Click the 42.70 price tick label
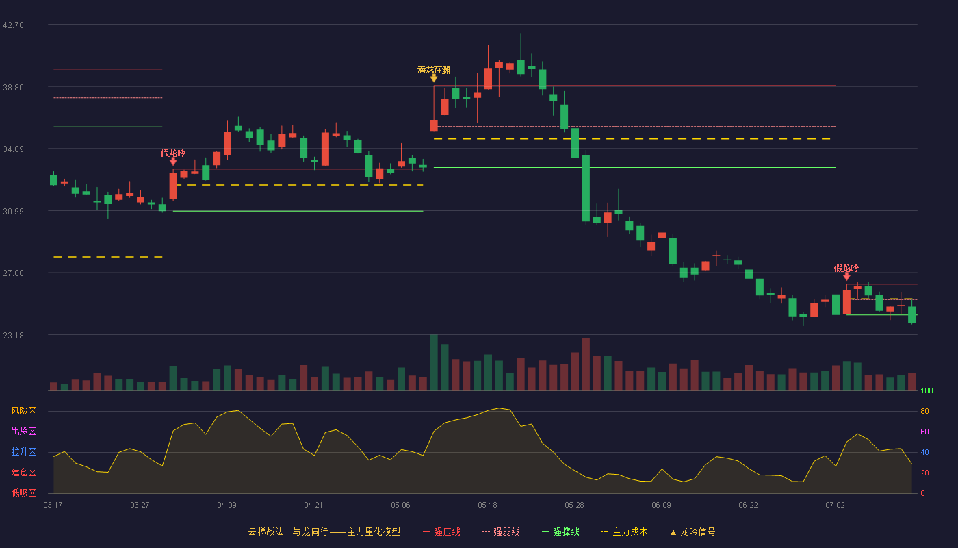[x=13, y=25]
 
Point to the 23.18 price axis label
[x=13, y=335]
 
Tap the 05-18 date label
[x=487, y=506]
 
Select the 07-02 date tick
[x=836, y=506]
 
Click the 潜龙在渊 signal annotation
[x=434, y=70]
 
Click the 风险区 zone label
[x=23, y=411]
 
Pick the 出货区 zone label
[x=23, y=431]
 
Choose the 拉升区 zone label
[x=23, y=451]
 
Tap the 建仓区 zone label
[x=23, y=472]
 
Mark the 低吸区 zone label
[x=23, y=493]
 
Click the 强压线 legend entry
[x=442, y=532]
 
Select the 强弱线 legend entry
[x=501, y=532]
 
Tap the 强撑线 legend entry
[x=560, y=532]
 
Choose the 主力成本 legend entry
[x=624, y=532]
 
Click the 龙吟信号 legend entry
[x=692, y=532]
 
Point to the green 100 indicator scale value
[x=927, y=390]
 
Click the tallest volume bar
[x=434, y=362]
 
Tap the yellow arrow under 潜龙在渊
[x=434, y=78]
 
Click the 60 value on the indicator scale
[x=924, y=432]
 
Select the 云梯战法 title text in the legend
[x=266, y=532]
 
